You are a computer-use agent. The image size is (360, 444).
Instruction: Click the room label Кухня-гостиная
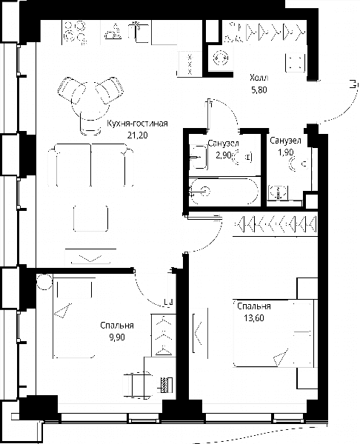pyautogui.click(x=137, y=124)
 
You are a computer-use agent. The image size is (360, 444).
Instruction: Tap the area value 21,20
pyautogui.click(x=137, y=135)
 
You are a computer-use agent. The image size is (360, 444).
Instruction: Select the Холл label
pyautogui.click(x=259, y=78)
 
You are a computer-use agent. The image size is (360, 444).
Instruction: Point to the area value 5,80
pyautogui.click(x=259, y=90)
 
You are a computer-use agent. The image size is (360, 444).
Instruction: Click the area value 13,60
pyautogui.click(x=254, y=318)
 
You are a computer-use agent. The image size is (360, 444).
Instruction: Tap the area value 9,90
pyautogui.click(x=117, y=337)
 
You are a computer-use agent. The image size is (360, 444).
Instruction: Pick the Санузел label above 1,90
pyautogui.click(x=285, y=141)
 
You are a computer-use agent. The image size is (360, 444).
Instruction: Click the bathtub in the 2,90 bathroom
pyautogui.click(x=224, y=191)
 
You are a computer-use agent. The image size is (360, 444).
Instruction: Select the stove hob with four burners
pyautogui.click(x=75, y=33)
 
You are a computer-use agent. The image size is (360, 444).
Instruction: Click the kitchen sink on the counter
pyautogui.click(x=139, y=32)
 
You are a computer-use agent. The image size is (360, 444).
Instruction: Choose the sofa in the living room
pyautogui.click(x=90, y=165)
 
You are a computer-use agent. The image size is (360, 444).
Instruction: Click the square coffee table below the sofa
pyautogui.click(x=90, y=218)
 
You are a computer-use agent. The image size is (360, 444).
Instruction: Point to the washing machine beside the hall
pyautogui.click(x=220, y=58)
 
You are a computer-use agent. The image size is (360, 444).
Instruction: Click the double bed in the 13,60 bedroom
pyautogui.click(x=273, y=334)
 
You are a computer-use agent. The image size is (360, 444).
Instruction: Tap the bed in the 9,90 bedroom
pyautogui.click(x=74, y=317)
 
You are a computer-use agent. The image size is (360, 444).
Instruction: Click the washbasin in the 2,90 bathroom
pyautogui.click(x=199, y=157)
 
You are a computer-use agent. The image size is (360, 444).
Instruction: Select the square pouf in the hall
pyautogui.click(x=295, y=62)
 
